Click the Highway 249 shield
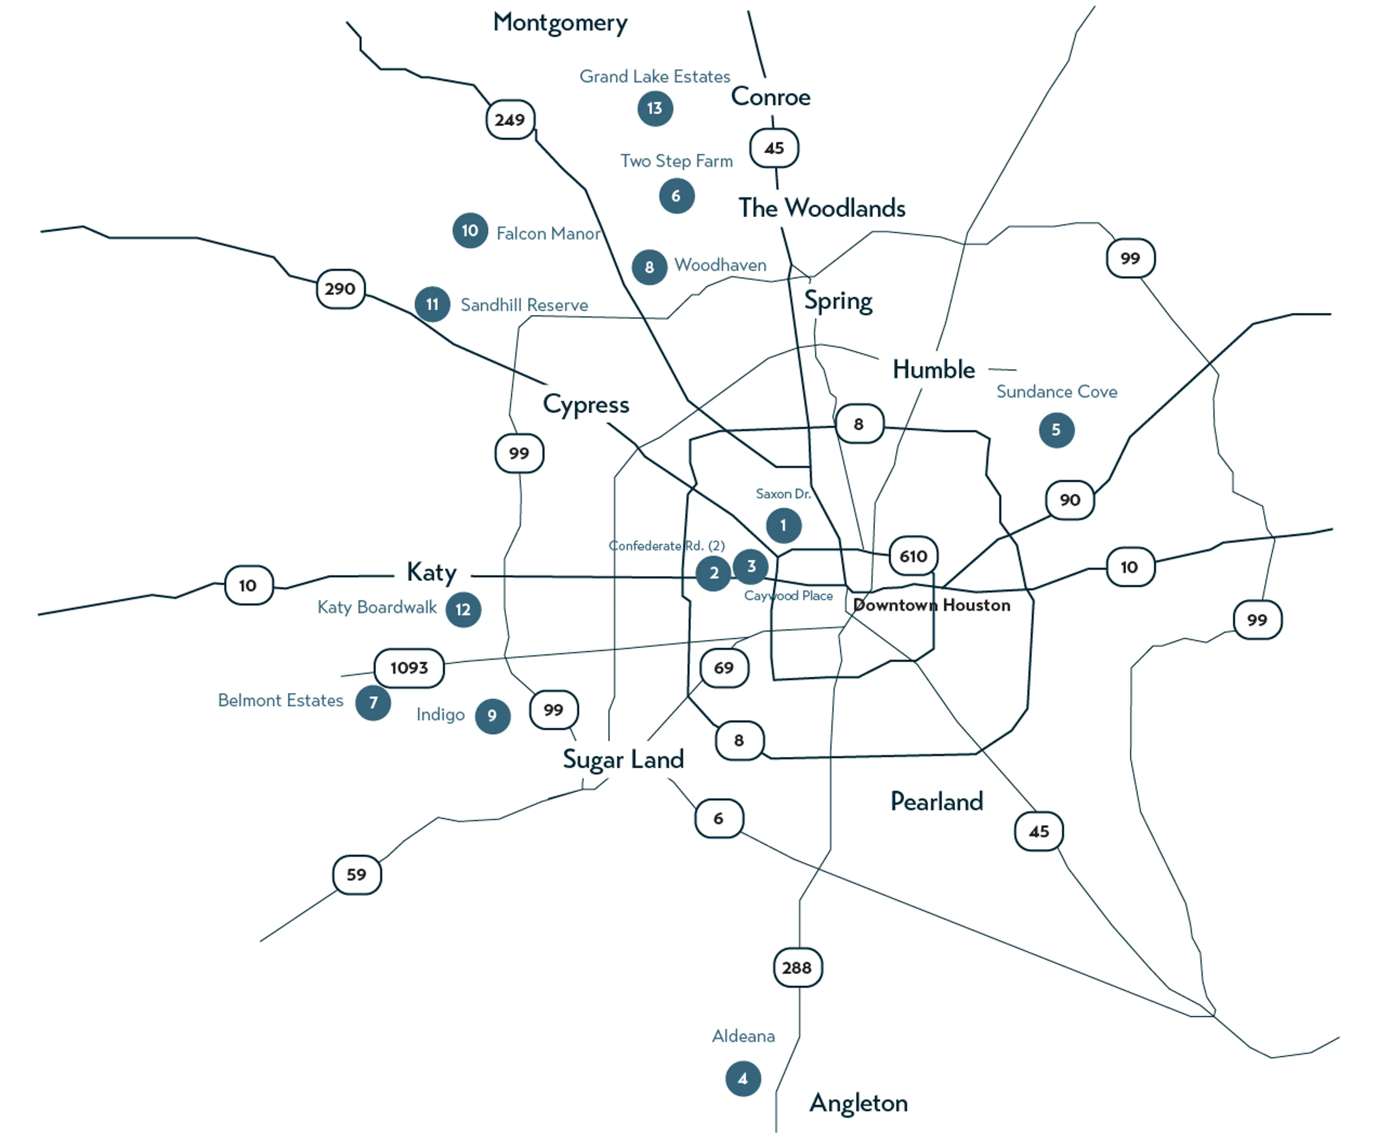coord(510,119)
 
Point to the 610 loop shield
coord(913,556)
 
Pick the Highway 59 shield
coord(357,875)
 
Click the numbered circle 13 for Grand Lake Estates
coord(655,108)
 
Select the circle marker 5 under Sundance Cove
coord(1056,430)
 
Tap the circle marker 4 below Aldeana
coord(743,1079)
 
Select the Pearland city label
coord(936,802)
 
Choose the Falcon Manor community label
coord(548,234)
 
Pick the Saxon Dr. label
coord(783,494)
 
